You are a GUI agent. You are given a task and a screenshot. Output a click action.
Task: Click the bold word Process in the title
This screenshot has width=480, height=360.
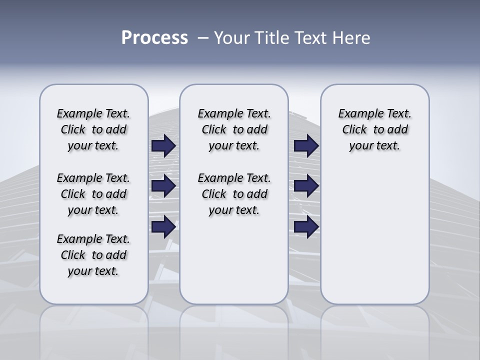(x=154, y=38)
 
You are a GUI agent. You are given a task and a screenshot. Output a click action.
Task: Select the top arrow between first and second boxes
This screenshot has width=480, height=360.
(x=163, y=146)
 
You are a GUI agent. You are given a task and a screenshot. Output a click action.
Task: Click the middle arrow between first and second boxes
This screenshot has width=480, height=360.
(x=163, y=186)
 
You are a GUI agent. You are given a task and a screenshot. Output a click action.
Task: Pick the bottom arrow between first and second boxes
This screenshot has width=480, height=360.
(x=163, y=227)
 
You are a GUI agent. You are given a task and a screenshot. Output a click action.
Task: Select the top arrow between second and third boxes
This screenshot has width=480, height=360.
(x=306, y=146)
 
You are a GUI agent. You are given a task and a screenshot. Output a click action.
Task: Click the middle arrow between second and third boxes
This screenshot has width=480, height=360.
(x=306, y=186)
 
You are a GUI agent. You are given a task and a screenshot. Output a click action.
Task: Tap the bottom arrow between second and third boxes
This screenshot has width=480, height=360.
(x=306, y=227)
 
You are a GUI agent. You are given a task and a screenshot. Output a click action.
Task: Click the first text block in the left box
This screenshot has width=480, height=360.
(x=93, y=129)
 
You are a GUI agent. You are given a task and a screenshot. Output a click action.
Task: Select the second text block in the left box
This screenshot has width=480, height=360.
(x=93, y=194)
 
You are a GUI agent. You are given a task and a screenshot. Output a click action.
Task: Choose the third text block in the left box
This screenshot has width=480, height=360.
(x=93, y=255)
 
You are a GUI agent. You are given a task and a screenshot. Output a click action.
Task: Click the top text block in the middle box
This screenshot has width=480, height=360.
(x=234, y=129)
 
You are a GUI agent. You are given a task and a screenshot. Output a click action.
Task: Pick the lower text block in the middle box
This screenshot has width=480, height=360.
(x=234, y=194)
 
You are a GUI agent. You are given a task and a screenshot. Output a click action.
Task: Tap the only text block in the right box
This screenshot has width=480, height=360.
(x=375, y=129)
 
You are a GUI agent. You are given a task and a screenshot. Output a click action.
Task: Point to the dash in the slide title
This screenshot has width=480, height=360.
(x=203, y=38)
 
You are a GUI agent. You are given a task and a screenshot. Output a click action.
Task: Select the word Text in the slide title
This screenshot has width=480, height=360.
(x=311, y=38)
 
